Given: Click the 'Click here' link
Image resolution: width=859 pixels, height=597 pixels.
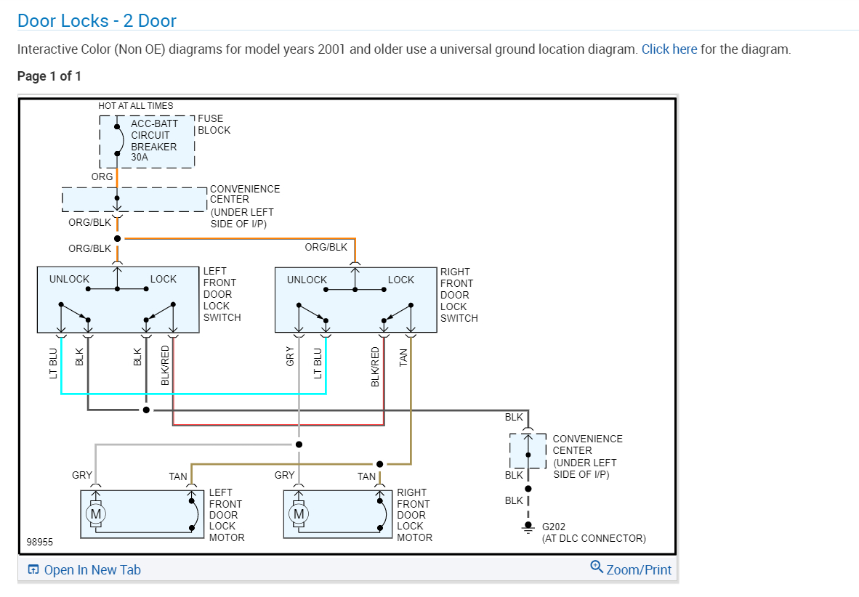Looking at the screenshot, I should click(669, 49).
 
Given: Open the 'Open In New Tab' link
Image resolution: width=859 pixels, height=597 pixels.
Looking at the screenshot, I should click(84, 570).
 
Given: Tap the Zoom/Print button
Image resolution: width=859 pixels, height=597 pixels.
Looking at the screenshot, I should click(632, 569).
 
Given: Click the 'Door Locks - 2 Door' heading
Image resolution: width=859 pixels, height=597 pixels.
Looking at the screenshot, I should click(97, 20).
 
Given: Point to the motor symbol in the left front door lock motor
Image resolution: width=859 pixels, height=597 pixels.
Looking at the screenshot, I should click(94, 514).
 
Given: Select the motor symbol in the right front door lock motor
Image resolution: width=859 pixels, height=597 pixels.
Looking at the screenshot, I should click(298, 514).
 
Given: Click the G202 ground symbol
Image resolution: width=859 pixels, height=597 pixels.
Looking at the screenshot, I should click(528, 529).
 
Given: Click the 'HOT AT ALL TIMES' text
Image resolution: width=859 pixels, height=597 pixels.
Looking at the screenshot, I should click(136, 106).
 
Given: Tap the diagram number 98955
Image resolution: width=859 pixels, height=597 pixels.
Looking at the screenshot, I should click(39, 543).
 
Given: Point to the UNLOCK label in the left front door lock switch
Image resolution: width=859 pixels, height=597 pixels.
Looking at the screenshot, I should click(69, 280).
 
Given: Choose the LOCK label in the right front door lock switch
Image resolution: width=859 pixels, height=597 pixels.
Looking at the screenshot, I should click(400, 280).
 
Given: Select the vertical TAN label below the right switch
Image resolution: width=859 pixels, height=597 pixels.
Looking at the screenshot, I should click(404, 357).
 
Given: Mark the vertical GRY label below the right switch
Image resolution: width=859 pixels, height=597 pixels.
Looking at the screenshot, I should click(290, 357).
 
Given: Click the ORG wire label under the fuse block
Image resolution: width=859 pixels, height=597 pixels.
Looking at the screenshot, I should click(102, 176).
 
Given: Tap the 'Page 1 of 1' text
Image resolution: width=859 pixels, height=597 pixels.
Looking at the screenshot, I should click(49, 76).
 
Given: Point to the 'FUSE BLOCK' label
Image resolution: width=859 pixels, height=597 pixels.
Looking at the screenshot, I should click(214, 124).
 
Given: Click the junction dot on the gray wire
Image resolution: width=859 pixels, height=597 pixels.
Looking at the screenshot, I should click(298, 444).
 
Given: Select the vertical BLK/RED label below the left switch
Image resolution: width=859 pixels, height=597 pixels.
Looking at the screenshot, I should click(165, 365).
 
